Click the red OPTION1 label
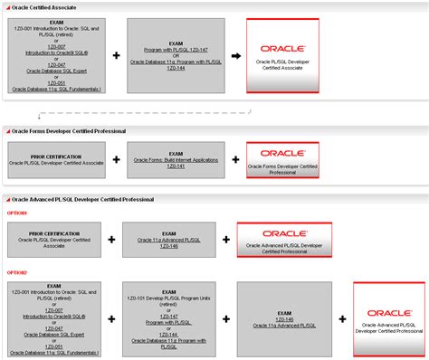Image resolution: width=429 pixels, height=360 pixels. click(18, 213)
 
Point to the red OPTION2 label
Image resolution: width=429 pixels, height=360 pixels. click(18, 272)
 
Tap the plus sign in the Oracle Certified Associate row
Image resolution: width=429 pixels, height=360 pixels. click(116, 56)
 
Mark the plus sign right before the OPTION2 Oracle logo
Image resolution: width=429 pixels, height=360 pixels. click(341, 318)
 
